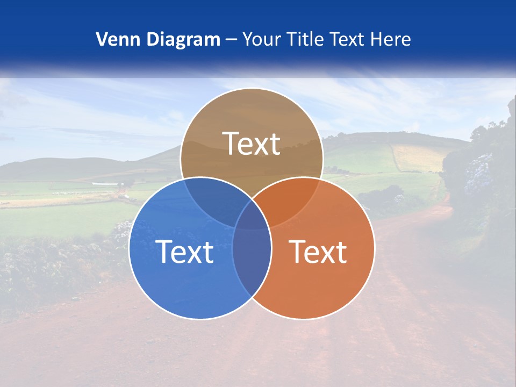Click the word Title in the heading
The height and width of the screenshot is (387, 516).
306,39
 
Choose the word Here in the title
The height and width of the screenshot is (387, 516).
393,39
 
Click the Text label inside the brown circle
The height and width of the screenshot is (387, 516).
252,144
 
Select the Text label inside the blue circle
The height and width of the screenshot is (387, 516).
184,252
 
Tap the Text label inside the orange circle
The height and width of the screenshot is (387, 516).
318,252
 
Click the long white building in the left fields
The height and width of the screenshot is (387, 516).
105,184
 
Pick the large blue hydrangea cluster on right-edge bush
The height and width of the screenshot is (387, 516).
478,172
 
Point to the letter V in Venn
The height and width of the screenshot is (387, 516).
101,39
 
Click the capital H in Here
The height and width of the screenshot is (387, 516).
381,39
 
